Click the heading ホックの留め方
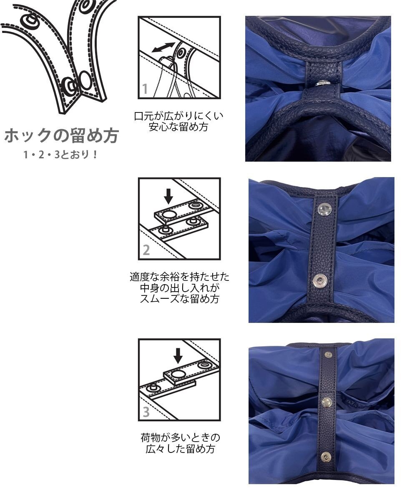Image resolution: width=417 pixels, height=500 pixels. coord(62,136)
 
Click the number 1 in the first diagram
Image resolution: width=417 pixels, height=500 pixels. coord(145,89)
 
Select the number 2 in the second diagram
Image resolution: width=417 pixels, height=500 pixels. coord(146,250)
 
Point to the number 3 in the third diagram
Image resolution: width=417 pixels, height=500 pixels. coord(146,412)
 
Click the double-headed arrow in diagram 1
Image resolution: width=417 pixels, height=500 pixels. coord(163,47)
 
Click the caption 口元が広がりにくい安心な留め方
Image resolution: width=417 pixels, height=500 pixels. coord(179,121)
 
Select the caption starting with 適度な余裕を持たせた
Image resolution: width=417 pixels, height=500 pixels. coord(179,287)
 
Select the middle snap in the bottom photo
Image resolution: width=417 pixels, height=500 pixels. coord(327,402)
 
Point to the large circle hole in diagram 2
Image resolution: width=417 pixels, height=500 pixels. coord(168,214)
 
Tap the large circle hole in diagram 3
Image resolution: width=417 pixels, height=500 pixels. coord(178,374)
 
